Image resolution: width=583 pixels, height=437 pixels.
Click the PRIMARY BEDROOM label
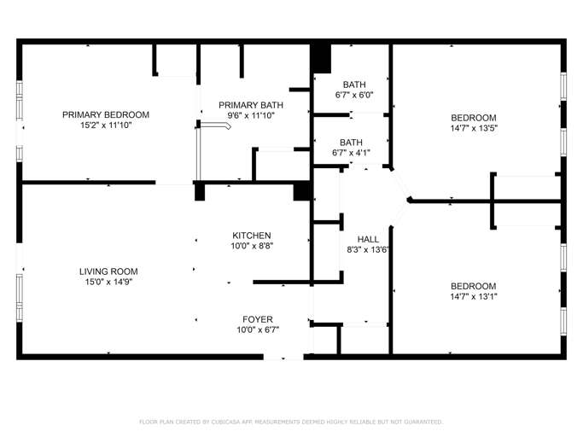[x=106, y=114]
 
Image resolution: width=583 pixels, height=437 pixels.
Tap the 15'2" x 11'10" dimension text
[x=106, y=125]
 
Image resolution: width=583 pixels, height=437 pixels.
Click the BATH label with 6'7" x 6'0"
[x=354, y=84]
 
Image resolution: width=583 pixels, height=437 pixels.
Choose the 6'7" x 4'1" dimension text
[x=351, y=154]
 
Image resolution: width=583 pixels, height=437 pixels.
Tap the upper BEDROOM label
[x=474, y=118]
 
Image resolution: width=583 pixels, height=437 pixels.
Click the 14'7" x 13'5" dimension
[x=474, y=129]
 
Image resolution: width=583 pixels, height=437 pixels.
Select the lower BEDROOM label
[x=474, y=286]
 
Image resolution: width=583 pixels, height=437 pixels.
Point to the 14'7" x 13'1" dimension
[x=474, y=297]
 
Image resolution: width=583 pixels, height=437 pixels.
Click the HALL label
[x=368, y=239]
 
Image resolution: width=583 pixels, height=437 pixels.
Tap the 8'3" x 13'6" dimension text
[x=368, y=250]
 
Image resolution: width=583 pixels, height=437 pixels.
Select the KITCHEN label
[x=252, y=236]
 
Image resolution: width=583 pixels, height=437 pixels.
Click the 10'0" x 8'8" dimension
[x=252, y=247]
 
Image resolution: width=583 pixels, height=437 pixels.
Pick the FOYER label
[x=258, y=319]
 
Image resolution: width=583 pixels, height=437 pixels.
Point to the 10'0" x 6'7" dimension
[x=258, y=330]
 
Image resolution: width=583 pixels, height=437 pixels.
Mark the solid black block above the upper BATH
[x=320, y=57]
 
